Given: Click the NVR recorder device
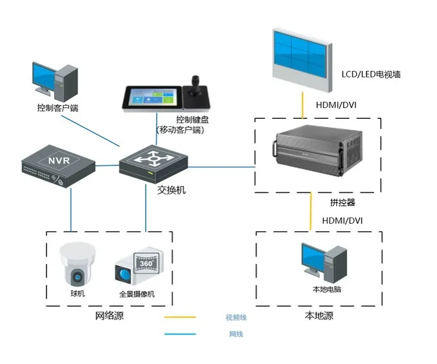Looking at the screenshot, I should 57,167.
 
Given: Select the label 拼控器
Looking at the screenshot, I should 342,202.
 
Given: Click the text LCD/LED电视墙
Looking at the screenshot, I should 371,74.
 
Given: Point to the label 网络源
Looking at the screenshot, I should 109,316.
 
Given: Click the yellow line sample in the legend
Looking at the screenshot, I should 180,317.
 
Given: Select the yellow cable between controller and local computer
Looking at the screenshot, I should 311,211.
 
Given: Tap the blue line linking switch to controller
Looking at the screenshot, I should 219,167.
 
